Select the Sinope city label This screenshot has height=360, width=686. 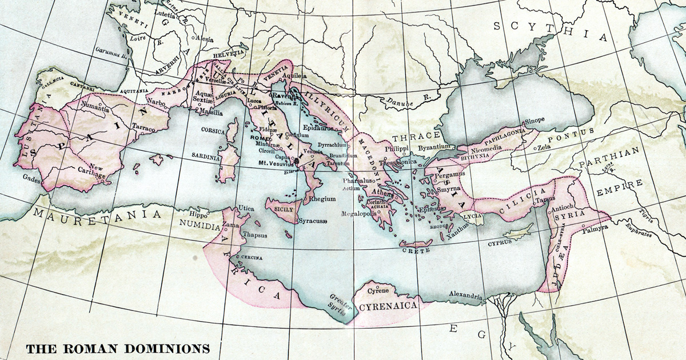[x=536, y=120]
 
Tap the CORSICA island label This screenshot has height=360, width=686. [x=213, y=130]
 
